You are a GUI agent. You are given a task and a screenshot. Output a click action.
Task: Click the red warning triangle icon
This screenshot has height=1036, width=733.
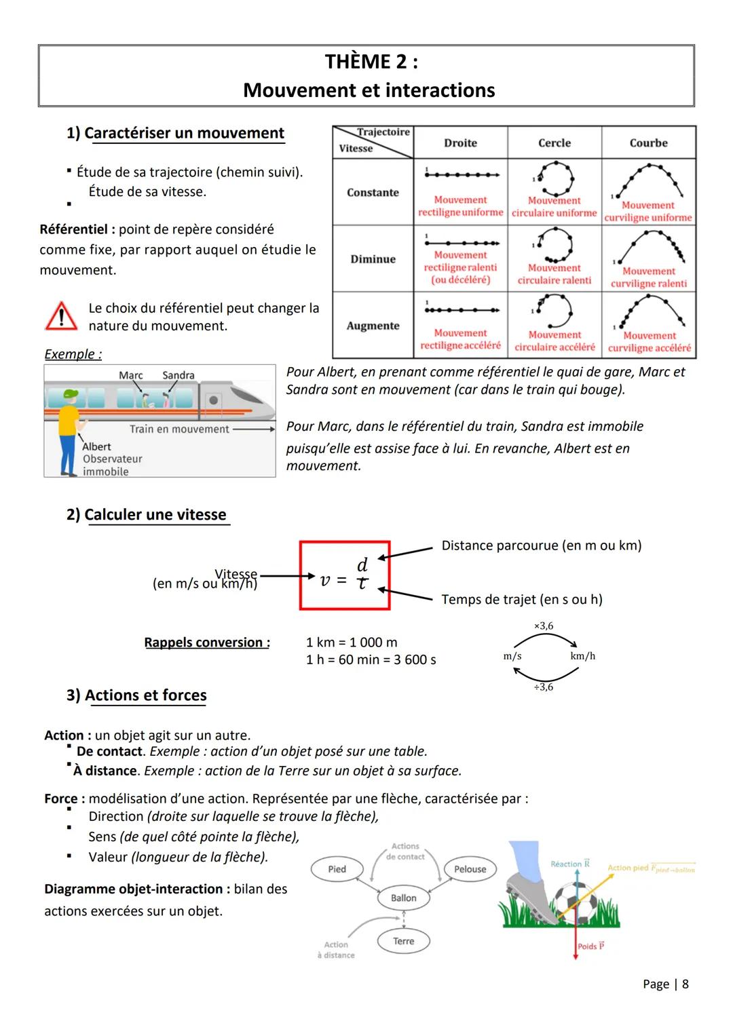[61, 317]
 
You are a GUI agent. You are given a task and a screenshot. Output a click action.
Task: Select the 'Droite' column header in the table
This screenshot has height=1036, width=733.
[460, 143]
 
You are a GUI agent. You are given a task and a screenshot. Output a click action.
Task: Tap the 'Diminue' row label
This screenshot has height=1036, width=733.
[373, 259]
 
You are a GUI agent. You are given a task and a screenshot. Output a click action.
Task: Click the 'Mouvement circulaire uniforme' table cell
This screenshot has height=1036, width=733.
[555, 192]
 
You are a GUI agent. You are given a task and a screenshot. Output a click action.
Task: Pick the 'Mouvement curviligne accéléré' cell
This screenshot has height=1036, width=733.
[649, 326]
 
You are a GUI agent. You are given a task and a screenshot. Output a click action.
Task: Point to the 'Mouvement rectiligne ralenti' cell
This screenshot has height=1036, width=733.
[460, 259]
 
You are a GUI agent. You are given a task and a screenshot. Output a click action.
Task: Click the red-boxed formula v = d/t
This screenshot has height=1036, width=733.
[345, 575]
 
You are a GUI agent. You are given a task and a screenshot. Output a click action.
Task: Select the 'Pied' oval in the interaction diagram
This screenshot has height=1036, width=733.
[337, 869]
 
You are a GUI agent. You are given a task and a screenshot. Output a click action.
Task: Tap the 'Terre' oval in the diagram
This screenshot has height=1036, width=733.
[403, 941]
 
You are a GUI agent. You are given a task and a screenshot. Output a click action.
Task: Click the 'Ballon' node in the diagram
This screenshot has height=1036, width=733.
[403, 898]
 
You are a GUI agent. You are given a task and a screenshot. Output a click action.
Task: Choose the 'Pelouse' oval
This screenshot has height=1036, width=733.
[470, 869]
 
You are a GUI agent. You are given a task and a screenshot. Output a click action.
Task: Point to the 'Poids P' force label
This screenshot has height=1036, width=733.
[590, 946]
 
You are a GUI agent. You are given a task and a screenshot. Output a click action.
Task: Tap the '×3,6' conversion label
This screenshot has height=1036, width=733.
[544, 626]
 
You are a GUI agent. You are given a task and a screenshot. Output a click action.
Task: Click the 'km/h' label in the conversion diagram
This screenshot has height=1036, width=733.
[582, 656]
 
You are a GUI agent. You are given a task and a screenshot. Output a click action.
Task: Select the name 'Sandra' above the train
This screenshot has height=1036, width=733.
[178, 375]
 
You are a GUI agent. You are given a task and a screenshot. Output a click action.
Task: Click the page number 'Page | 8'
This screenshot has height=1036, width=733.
[665, 984]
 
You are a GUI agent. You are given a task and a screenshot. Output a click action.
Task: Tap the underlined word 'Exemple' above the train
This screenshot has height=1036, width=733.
[70, 354]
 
